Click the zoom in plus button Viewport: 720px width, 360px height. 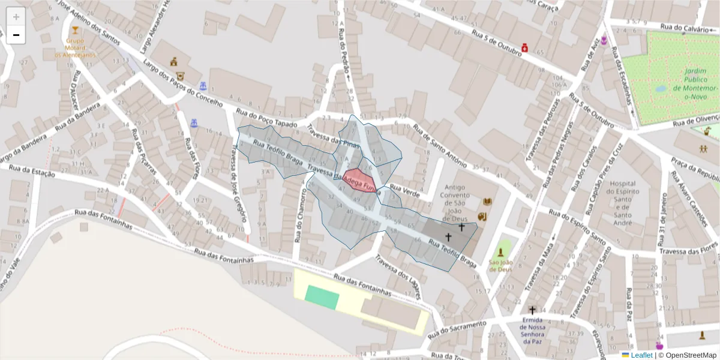(x=16, y=17)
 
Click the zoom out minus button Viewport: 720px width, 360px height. (x=16, y=35)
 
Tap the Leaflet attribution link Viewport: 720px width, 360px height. (x=641, y=355)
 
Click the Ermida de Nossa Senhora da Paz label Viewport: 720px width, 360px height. (x=532, y=331)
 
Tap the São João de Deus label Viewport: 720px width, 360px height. (x=499, y=265)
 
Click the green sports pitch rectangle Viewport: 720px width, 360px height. (x=322, y=297)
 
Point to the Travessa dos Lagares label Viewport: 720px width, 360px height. (x=397, y=277)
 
